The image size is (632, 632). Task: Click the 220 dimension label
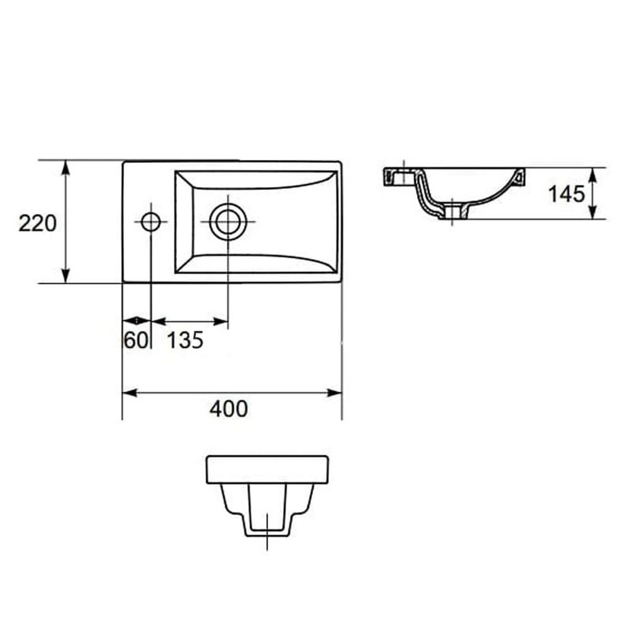click(x=37, y=224)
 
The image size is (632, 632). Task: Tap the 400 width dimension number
click(x=229, y=409)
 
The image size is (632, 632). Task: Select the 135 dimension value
click(x=185, y=340)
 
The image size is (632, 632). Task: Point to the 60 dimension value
click(x=137, y=340)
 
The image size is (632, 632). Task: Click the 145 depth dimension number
click(x=566, y=194)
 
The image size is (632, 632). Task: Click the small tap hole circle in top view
click(x=151, y=222)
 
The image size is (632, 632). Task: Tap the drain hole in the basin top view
click(x=228, y=222)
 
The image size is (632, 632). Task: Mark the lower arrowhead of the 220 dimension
click(x=65, y=276)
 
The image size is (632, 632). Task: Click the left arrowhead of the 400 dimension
click(x=130, y=392)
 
